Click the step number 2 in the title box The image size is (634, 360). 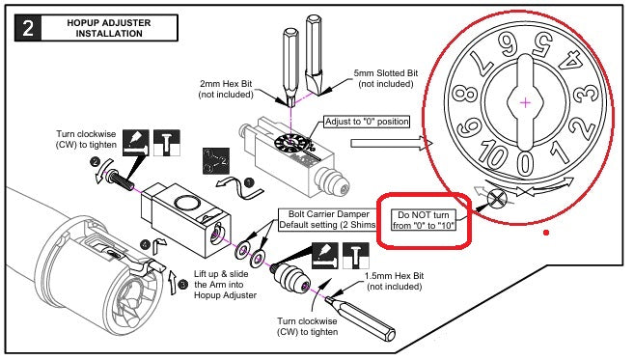click(27, 28)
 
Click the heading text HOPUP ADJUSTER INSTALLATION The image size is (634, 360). click(109, 28)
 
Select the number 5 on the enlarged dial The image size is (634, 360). click(542, 43)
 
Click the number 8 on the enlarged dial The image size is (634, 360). click(463, 96)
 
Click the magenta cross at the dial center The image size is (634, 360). click(525, 102)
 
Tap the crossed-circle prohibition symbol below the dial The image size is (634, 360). click(497, 199)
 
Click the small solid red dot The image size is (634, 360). click(546, 233)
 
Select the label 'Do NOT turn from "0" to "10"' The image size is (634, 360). click(423, 220)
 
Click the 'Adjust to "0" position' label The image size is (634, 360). click(367, 122)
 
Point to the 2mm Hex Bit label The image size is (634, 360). click(226, 89)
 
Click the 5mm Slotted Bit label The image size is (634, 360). click(386, 78)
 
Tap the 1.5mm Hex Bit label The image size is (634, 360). click(395, 281)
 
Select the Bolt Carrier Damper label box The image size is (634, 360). click(327, 220)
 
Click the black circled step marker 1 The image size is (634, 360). click(249, 182)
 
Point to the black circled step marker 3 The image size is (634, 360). click(183, 285)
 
